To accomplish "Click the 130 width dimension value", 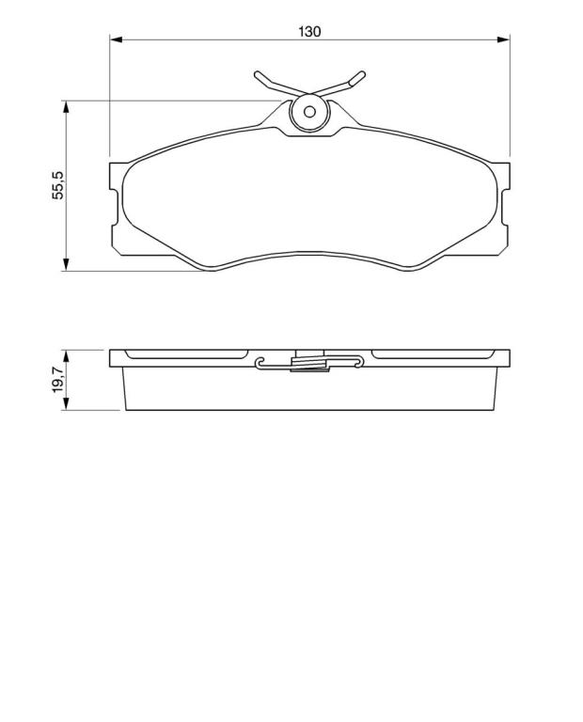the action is click(309, 32).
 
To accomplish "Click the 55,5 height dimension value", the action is click(58, 184).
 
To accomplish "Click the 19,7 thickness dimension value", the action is click(58, 380).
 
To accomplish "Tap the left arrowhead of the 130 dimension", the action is click(116, 40).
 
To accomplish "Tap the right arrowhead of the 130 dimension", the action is click(504, 40).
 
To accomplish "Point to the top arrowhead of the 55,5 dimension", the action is click(67, 107).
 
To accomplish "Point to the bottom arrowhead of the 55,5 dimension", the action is click(67, 264).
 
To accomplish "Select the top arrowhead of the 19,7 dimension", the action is click(67, 356).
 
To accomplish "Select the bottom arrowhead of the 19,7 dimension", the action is click(67, 404).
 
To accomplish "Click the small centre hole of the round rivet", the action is click(309, 112).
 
